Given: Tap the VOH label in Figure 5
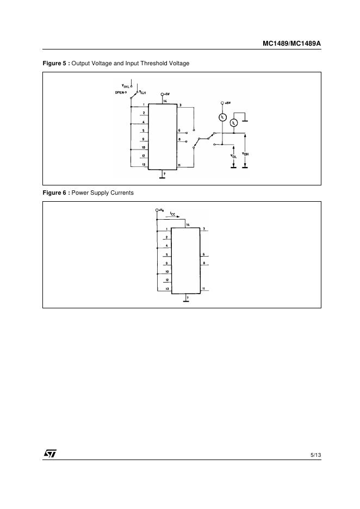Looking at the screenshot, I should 245,153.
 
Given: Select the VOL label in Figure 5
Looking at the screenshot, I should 233,156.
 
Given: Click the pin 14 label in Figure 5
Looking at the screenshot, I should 165,101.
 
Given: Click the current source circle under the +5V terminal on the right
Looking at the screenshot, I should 222,116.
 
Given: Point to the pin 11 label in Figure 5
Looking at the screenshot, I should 179,164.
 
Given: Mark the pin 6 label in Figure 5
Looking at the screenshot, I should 179,131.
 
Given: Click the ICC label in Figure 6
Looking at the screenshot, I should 172,214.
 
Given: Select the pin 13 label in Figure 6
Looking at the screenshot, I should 167,288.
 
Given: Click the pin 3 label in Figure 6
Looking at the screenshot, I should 203,229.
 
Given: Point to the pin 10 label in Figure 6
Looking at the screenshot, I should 167,271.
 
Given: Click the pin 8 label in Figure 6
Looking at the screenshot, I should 203,263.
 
